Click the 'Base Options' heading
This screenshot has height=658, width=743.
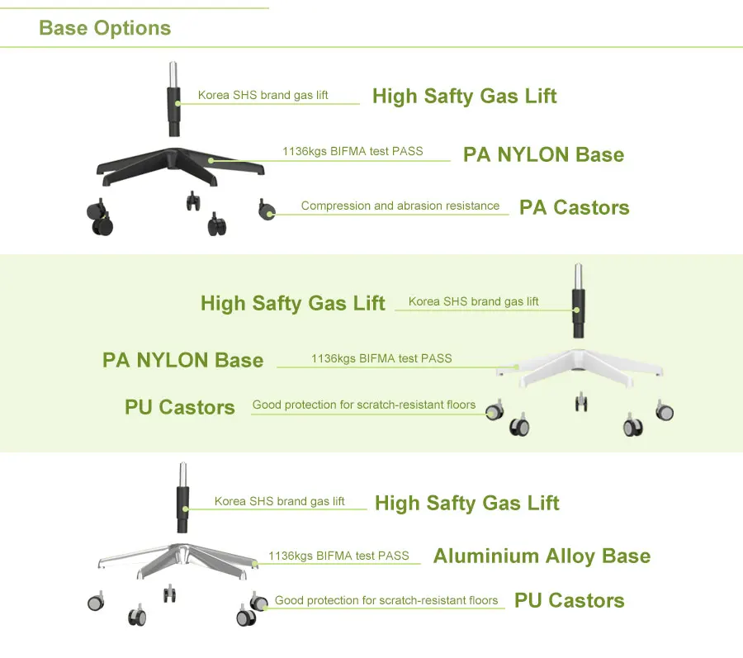click(x=105, y=28)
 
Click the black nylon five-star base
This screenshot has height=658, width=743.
click(x=182, y=162)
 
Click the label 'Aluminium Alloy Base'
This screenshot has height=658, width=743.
click(x=542, y=556)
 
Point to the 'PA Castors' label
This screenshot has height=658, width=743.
click(x=574, y=207)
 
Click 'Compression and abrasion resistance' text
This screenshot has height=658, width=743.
click(x=400, y=206)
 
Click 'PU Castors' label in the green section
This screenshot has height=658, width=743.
click(x=180, y=407)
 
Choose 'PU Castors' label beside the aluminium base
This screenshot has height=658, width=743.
click(x=569, y=601)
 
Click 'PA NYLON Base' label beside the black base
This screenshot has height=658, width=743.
click(x=543, y=154)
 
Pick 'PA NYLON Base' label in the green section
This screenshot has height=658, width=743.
click(x=182, y=360)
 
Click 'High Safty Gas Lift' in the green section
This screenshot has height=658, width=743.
click(x=292, y=303)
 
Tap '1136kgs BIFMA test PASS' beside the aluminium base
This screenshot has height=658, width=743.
click(x=338, y=556)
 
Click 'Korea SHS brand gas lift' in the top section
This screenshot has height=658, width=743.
click(x=263, y=95)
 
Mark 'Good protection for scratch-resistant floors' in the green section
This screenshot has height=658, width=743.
click(x=364, y=405)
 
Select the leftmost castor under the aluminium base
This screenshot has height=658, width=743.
click(x=96, y=603)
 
